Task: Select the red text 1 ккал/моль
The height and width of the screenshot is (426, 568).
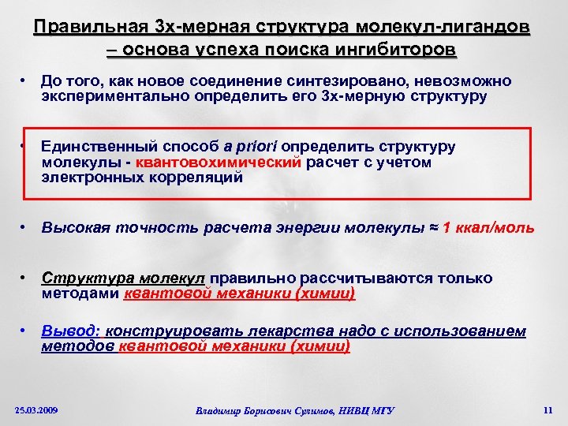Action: tap(489, 228)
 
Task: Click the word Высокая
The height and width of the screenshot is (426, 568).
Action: tap(72, 228)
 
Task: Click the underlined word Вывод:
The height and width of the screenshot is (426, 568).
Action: tap(69, 331)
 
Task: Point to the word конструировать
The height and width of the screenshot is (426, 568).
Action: tap(157, 331)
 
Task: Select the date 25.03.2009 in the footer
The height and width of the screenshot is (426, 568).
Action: tap(37, 410)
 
